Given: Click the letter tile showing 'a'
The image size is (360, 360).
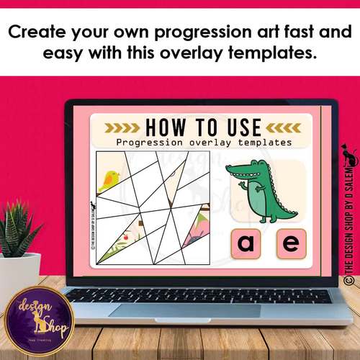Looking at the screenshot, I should [246, 244].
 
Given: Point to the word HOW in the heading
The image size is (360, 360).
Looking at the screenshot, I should [167, 127].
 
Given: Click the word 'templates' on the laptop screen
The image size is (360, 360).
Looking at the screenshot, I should [266, 143].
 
